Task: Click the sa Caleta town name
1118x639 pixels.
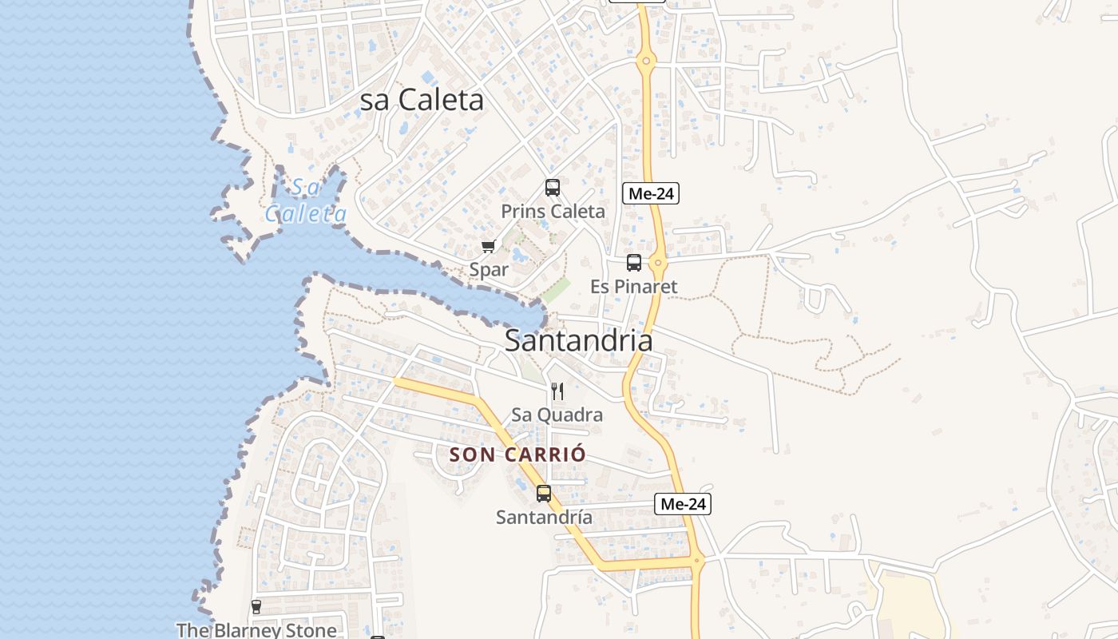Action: click(x=422, y=100)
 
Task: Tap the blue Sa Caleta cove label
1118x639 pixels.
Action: click(x=306, y=200)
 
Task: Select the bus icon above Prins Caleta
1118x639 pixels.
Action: click(x=552, y=188)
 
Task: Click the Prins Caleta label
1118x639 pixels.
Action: click(x=553, y=212)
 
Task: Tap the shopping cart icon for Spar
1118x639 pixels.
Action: click(x=488, y=246)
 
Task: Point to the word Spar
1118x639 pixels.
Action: click(x=489, y=270)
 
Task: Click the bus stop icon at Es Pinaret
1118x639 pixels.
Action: click(x=634, y=262)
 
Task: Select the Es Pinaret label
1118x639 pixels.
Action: click(x=633, y=286)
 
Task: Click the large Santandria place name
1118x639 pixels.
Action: click(x=578, y=340)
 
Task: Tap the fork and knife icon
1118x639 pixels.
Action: click(x=557, y=391)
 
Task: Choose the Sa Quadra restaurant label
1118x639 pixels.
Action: click(x=557, y=415)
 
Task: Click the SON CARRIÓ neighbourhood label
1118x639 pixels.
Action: click(x=517, y=454)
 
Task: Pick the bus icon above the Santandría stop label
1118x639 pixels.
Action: click(x=544, y=493)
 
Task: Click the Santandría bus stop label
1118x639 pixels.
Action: click(x=544, y=518)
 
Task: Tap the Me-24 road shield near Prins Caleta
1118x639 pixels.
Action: click(x=651, y=193)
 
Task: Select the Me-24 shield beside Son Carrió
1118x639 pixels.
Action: click(x=683, y=504)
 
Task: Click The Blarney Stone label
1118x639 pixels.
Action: click(x=256, y=630)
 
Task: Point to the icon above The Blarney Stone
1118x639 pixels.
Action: click(x=256, y=607)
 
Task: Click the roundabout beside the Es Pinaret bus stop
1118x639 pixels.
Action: click(x=657, y=262)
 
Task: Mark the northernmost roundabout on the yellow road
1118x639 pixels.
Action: click(x=646, y=60)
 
